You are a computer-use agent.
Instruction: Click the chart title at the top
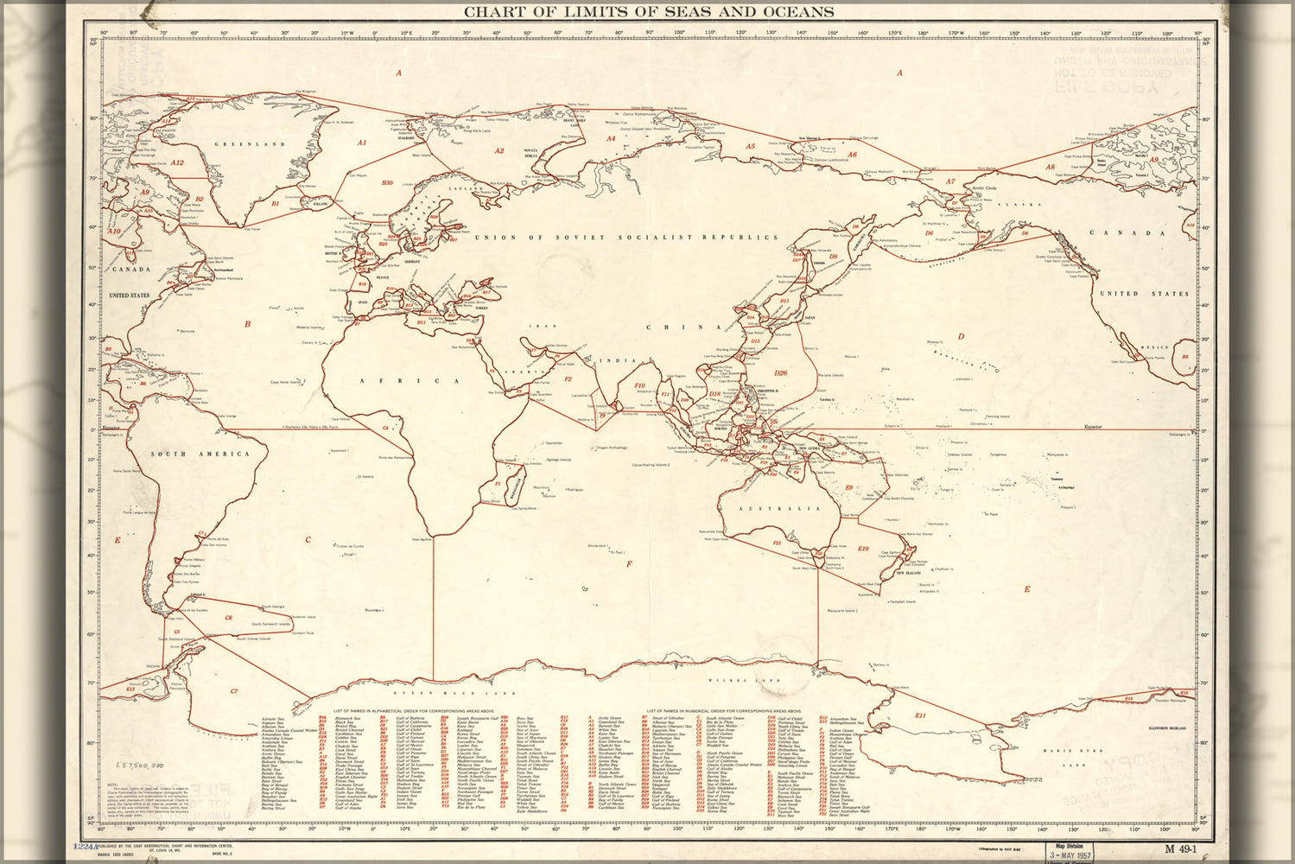[x=649, y=12]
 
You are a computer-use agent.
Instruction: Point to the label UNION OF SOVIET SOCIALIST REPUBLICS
[x=625, y=237]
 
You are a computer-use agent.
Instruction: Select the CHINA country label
[x=683, y=327]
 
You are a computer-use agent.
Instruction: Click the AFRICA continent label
[x=410, y=380]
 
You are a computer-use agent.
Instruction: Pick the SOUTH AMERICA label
[x=200, y=454]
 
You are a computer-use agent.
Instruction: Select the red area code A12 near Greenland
[x=176, y=162]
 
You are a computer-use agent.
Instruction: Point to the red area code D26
[x=780, y=373]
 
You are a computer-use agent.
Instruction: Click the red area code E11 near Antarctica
[x=920, y=715]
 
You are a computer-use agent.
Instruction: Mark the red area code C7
[x=234, y=691]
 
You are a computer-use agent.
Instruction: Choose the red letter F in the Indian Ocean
[x=629, y=564]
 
